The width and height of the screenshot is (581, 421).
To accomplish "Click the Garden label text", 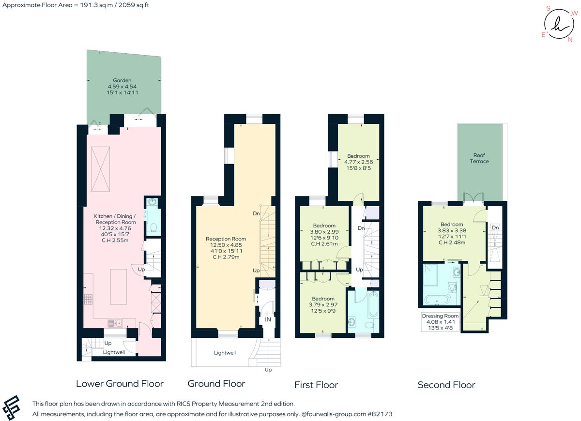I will [122, 80].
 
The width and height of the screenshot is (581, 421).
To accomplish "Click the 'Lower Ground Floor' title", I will [120, 384].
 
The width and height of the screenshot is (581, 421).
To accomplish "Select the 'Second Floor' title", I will [446, 385].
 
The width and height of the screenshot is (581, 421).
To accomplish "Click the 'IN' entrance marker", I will [267, 320].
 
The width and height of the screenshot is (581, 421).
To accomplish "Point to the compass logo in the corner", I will [559, 23].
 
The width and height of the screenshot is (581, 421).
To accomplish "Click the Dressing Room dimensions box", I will [440, 322].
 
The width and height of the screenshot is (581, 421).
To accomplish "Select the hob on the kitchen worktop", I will [89, 300].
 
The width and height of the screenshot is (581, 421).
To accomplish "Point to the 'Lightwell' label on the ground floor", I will [225, 353].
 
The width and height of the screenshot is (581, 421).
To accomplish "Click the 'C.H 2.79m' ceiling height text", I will [226, 257].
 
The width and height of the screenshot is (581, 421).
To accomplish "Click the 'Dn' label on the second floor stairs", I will [495, 227].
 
